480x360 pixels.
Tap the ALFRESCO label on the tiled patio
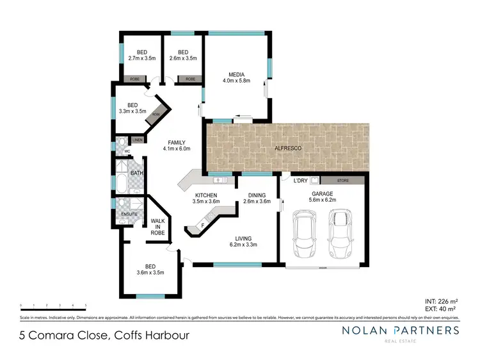[x=288, y=148]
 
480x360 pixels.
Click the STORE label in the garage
[x=342, y=181]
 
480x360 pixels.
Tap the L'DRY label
[x=300, y=181]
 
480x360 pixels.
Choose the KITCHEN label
[x=206, y=195]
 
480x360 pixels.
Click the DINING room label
[x=257, y=195]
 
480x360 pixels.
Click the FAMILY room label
[x=177, y=142]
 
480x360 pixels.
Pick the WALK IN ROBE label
[x=157, y=227]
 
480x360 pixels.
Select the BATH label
[x=137, y=173]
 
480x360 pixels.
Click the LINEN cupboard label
[x=138, y=140]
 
